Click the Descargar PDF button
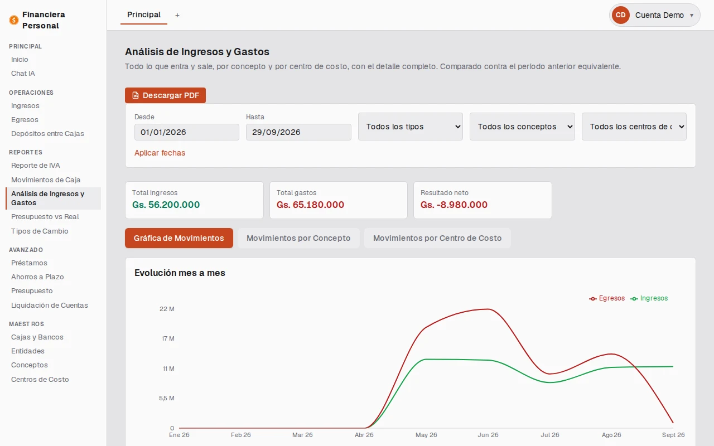165,95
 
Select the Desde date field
186,132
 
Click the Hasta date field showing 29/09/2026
298,132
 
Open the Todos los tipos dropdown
410,127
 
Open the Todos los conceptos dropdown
522,127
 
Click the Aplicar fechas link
160,153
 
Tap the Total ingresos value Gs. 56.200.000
166,205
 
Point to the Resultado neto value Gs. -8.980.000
454,205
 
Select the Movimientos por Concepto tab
298,238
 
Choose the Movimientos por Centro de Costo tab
437,238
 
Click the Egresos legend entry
607,298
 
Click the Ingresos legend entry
649,298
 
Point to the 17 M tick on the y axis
168,338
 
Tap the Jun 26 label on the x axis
488,435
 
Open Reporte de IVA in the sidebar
35,166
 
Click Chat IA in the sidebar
23,73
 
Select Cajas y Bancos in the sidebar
37,337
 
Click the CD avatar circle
621,15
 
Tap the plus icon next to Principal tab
177,15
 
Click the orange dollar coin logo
14,20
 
